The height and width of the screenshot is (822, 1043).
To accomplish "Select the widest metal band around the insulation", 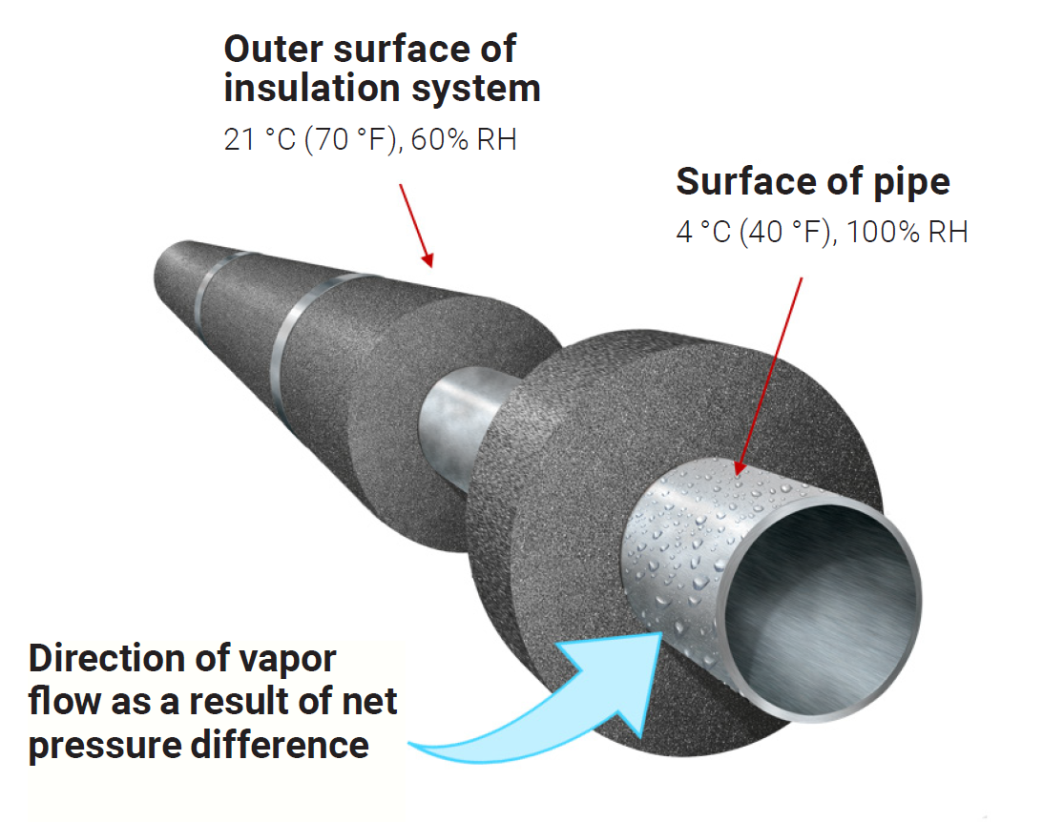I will (x=305, y=324).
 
